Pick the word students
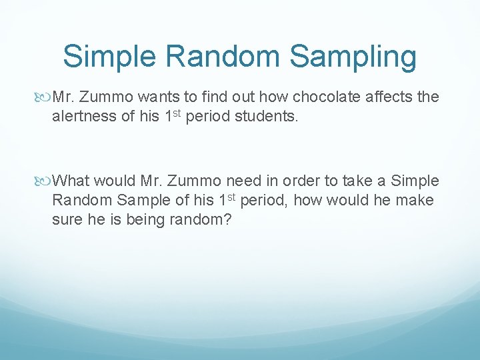tap(265, 117)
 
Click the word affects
tap(389, 97)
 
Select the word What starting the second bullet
tap(71, 181)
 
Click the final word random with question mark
tap(198, 220)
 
